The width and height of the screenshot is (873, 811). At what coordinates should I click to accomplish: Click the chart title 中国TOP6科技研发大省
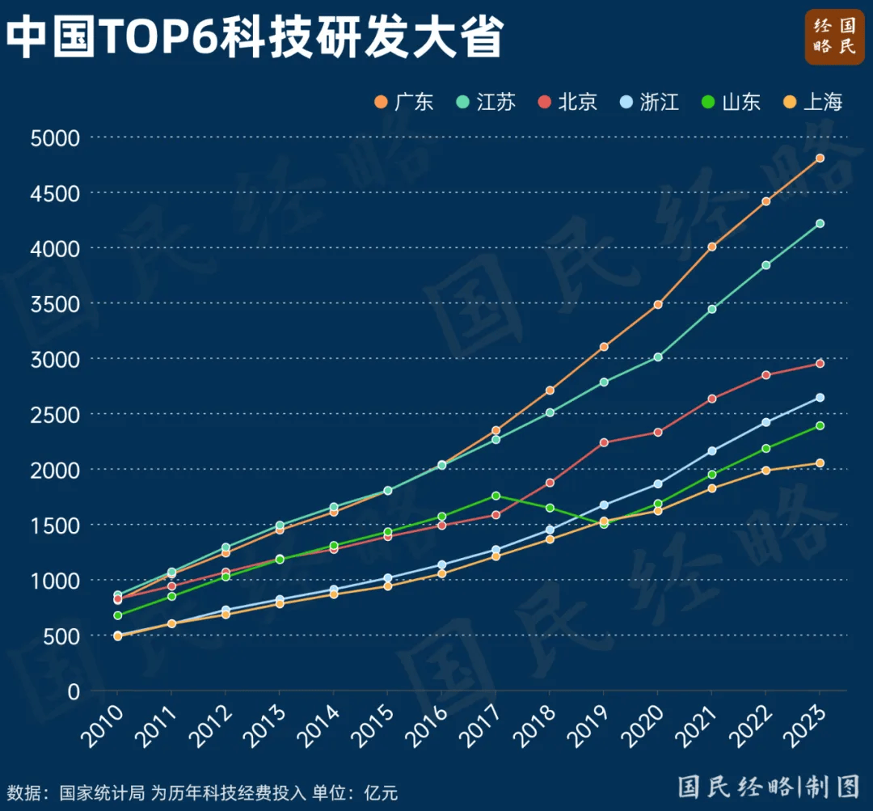tap(255, 37)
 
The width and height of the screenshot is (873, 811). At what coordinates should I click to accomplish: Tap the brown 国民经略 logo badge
tap(834, 36)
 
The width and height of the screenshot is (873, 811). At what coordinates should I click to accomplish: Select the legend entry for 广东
tap(405, 102)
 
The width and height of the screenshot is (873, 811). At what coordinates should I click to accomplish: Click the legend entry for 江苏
tap(486, 102)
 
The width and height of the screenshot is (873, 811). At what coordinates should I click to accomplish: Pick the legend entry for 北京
tap(567, 102)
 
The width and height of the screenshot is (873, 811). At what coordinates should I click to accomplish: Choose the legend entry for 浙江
tap(649, 102)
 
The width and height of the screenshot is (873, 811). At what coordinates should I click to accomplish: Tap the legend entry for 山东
tap(731, 102)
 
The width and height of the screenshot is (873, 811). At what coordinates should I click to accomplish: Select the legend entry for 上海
tap(813, 102)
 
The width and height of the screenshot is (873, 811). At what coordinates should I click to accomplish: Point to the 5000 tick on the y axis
tap(55, 137)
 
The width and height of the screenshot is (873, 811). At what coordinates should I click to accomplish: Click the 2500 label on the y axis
tap(55, 414)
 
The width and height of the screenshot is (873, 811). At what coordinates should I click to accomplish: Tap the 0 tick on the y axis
tap(74, 691)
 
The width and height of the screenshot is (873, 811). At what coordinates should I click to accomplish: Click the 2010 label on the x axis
tap(103, 724)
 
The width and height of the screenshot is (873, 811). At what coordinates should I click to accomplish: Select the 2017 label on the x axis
tap(482, 724)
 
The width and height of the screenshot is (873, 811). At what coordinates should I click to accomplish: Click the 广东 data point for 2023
tap(820, 158)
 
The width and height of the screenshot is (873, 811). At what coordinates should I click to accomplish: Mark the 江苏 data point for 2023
tap(820, 223)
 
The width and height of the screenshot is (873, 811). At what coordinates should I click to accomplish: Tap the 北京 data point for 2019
tap(604, 442)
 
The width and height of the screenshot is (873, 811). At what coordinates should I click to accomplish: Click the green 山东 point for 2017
tap(496, 496)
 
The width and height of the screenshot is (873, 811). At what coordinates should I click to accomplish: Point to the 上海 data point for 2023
tap(820, 463)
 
